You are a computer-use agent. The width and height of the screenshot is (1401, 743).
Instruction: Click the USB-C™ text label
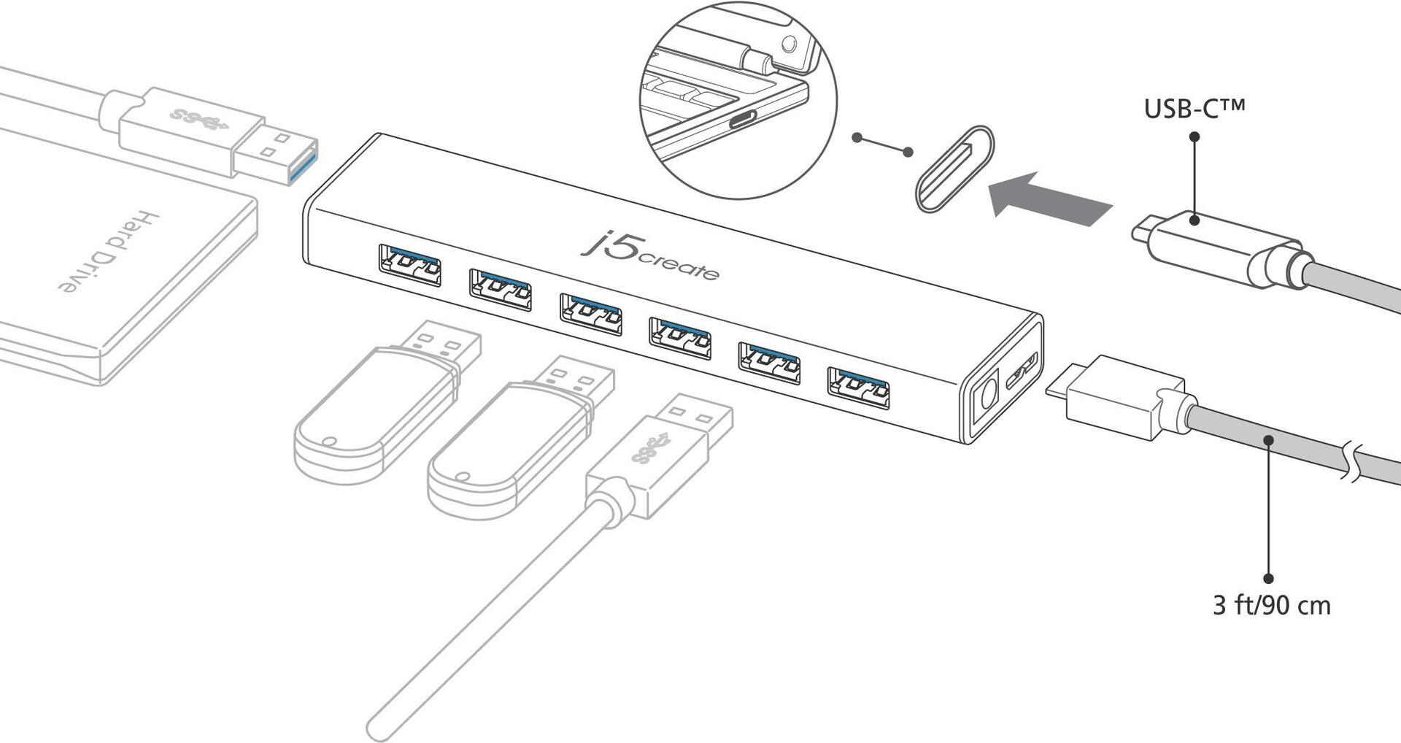pyautogui.click(x=1194, y=109)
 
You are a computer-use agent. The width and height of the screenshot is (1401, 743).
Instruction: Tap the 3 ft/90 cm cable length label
pyautogui.click(x=1271, y=605)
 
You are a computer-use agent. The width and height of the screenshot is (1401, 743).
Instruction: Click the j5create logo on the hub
pyautogui.click(x=649, y=256)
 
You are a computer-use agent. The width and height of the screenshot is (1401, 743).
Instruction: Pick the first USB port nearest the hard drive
pyautogui.click(x=409, y=265)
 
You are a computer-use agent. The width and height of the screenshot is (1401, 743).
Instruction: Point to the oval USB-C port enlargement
pyautogui.click(x=955, y=169)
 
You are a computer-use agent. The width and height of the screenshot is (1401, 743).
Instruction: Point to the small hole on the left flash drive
pyautogui.click(x=329, y=442)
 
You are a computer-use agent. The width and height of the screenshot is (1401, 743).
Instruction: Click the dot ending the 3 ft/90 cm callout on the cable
pyautogui.click(x=1269, y=440)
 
